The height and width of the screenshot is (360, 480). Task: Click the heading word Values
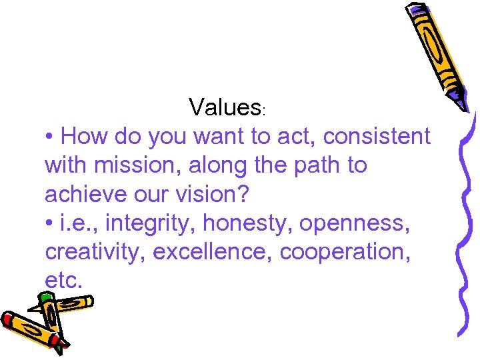224,107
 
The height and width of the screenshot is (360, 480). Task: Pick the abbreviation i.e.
77,223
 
